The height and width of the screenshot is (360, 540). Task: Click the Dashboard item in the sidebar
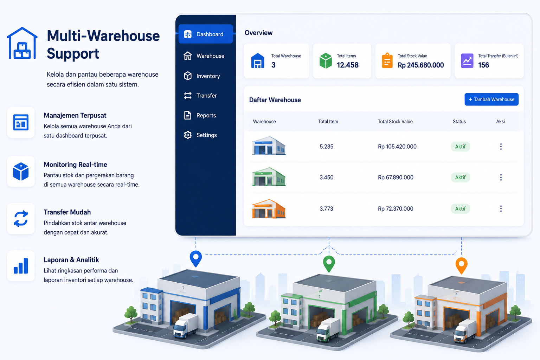(x=205, y=34)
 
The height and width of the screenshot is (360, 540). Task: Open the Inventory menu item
(x=202, y=76)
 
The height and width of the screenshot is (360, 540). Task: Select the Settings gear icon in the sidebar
(x=187, y=135)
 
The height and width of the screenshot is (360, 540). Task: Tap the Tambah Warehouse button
(x=491, y=99)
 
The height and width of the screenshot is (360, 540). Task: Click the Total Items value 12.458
(x=348, y=65)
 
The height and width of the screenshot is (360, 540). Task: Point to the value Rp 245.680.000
(x=421, y=65)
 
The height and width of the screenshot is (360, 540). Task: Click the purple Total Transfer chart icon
(x=467, y=61)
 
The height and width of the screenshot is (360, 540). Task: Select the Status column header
(x=459, y=122)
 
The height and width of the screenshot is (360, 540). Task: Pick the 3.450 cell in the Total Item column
(x=326, y=178)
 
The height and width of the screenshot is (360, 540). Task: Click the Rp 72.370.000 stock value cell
(x=396, y=208)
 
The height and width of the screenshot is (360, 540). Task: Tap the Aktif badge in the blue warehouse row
(x=460, y=147)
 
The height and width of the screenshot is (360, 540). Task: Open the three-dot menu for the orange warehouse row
(x=501, y=208)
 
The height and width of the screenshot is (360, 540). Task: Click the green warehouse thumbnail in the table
(x=269, y=177)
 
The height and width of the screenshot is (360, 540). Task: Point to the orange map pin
(x=461, y=265)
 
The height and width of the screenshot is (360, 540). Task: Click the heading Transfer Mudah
(x=67, y=212)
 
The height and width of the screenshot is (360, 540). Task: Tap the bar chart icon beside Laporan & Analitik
(x=21, y=266)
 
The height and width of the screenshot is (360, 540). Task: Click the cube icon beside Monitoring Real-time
(x=21, y=172)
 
